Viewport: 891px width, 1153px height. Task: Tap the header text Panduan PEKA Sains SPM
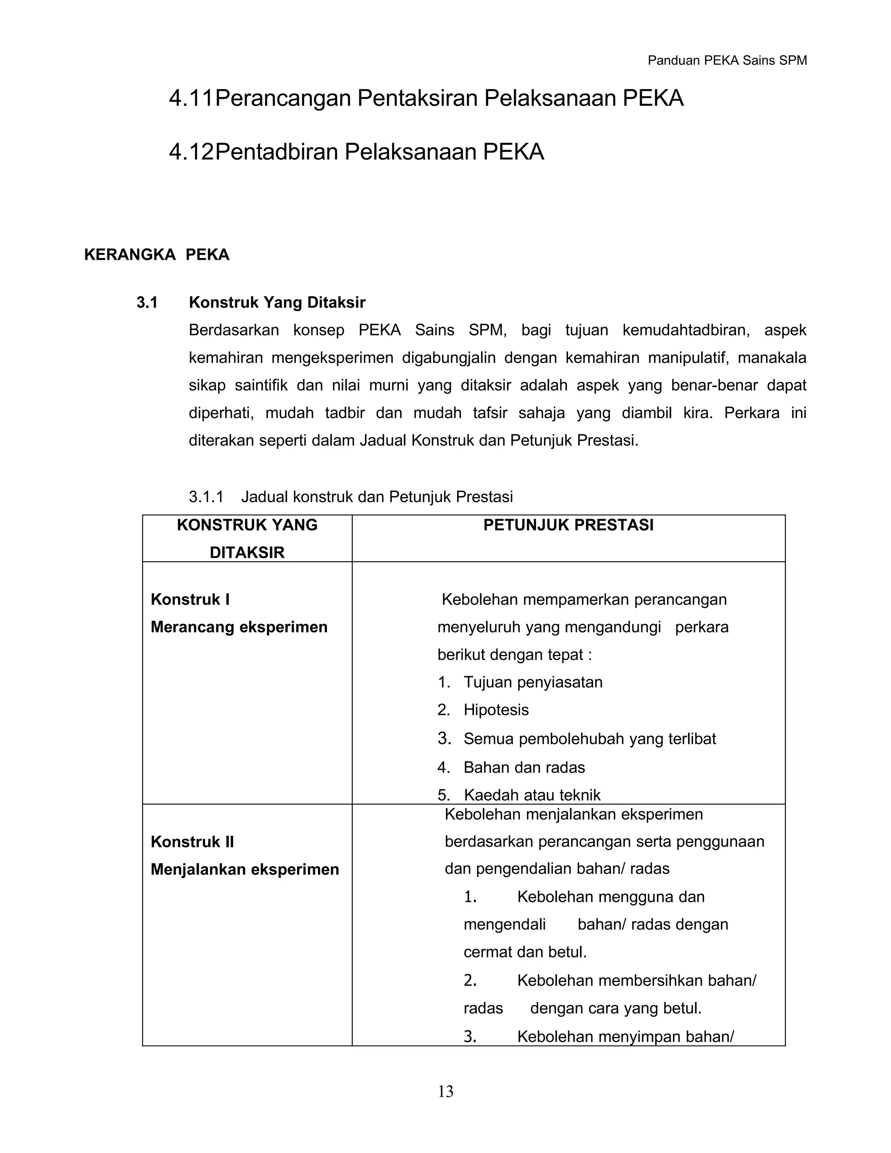(727, 61)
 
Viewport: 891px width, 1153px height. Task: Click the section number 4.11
(191, 98)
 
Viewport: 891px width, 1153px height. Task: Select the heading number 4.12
(191, 152)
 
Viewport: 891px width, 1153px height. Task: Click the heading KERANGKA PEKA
(157, 255)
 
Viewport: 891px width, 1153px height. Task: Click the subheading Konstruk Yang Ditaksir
(277, 302)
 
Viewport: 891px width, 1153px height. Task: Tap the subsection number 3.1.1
(206, 497)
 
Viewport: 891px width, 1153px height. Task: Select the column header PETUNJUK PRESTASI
(569, 525)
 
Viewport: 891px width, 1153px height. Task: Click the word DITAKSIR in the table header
(247, 552)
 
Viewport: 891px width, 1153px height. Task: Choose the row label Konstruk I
(190, 599)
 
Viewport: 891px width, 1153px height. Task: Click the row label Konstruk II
(192, 841)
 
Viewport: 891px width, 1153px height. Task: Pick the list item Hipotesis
(496, 710)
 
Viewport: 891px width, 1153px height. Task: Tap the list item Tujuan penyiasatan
(533, 682)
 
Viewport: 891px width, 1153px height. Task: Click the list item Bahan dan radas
(524, 767)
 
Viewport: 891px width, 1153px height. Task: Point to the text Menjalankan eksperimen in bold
(245, 869)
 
